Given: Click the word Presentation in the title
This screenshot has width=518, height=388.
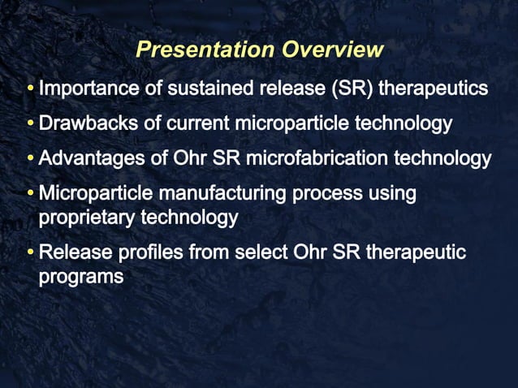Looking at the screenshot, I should (205, 50).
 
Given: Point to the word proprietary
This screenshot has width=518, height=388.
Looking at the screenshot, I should (87, 218).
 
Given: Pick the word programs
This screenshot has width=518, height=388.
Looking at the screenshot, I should (80, 276).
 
